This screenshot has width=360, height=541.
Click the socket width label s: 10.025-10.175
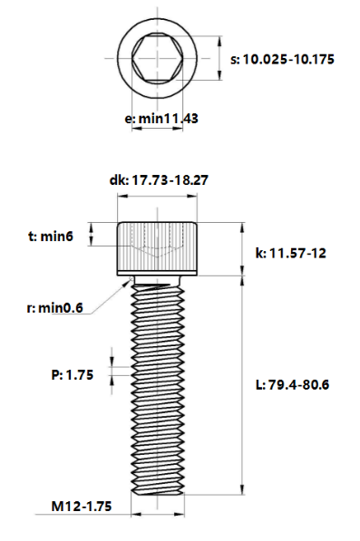(282, 59)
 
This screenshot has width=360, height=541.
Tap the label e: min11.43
(161, 119)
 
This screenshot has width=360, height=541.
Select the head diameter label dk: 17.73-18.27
(159, 180)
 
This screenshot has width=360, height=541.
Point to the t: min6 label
(51, 237)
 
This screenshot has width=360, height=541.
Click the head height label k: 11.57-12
(290, 253)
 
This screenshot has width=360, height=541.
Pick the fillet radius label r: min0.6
(55, 308)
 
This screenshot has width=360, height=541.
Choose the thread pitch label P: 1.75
(73, 374)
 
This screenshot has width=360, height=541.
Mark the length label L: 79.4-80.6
(293, 384)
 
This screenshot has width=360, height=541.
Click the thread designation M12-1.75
(82, 507)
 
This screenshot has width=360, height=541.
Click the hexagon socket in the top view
(158, 58)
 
